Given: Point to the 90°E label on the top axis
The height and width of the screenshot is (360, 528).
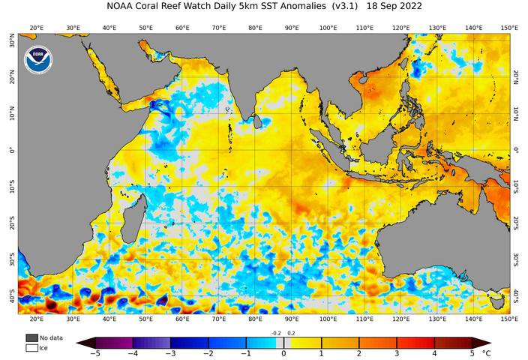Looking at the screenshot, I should (291, 28).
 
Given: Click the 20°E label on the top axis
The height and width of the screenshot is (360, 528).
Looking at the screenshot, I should (35, 28).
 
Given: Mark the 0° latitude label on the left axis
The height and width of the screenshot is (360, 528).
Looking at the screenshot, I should (10, 150).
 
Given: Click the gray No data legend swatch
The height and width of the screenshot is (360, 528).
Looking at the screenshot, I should (31, 338).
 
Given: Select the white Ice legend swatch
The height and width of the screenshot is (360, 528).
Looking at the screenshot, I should (31, 348).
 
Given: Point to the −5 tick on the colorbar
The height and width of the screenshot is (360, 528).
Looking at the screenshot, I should (95, 353).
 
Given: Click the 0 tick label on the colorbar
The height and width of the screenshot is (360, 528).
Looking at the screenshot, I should (283, 353).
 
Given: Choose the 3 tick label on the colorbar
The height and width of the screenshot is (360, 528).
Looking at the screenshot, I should (397, 353).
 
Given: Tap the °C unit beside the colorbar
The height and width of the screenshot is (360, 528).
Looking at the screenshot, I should (487, 353).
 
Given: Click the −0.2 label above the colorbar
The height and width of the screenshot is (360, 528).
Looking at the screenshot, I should (275, 332).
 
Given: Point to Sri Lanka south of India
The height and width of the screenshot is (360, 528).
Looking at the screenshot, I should (259, 120).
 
